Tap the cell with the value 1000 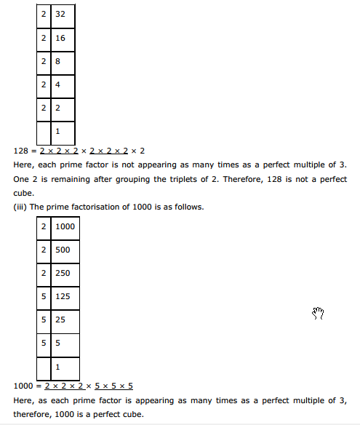tap(64, 228)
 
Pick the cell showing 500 tap(64, 250)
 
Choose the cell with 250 tap(64, 273)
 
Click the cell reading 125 tap(64, 296)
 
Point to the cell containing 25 tap(64, 319)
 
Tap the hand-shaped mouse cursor tap(317, 313)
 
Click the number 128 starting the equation tap(22, 151)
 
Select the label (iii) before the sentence tap(22, 207)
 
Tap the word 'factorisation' tap(97, 207)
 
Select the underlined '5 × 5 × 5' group tap(114, 386)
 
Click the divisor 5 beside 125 tap(44, 296)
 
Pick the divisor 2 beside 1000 tap(44, 228)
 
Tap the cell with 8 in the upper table tap(63, 62)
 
